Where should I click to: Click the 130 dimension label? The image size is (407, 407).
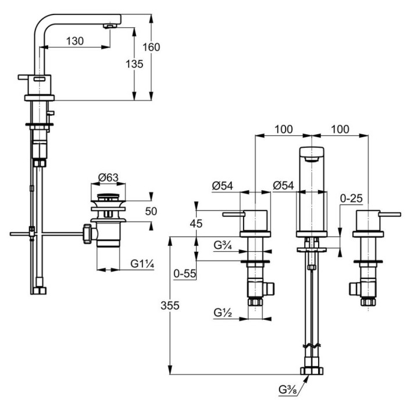point(74,41)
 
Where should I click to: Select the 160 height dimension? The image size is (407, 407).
point(151,47)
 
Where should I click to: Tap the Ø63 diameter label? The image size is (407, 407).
point(109,177)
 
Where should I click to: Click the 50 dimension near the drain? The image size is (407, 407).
point(151,212)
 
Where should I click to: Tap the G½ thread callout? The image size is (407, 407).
point(223,313)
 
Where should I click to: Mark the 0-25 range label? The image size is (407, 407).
point(351,198)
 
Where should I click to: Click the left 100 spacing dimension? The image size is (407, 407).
point(283,130)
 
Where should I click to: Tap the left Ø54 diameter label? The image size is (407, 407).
point(223,185)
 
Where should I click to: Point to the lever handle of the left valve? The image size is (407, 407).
point(232,215)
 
